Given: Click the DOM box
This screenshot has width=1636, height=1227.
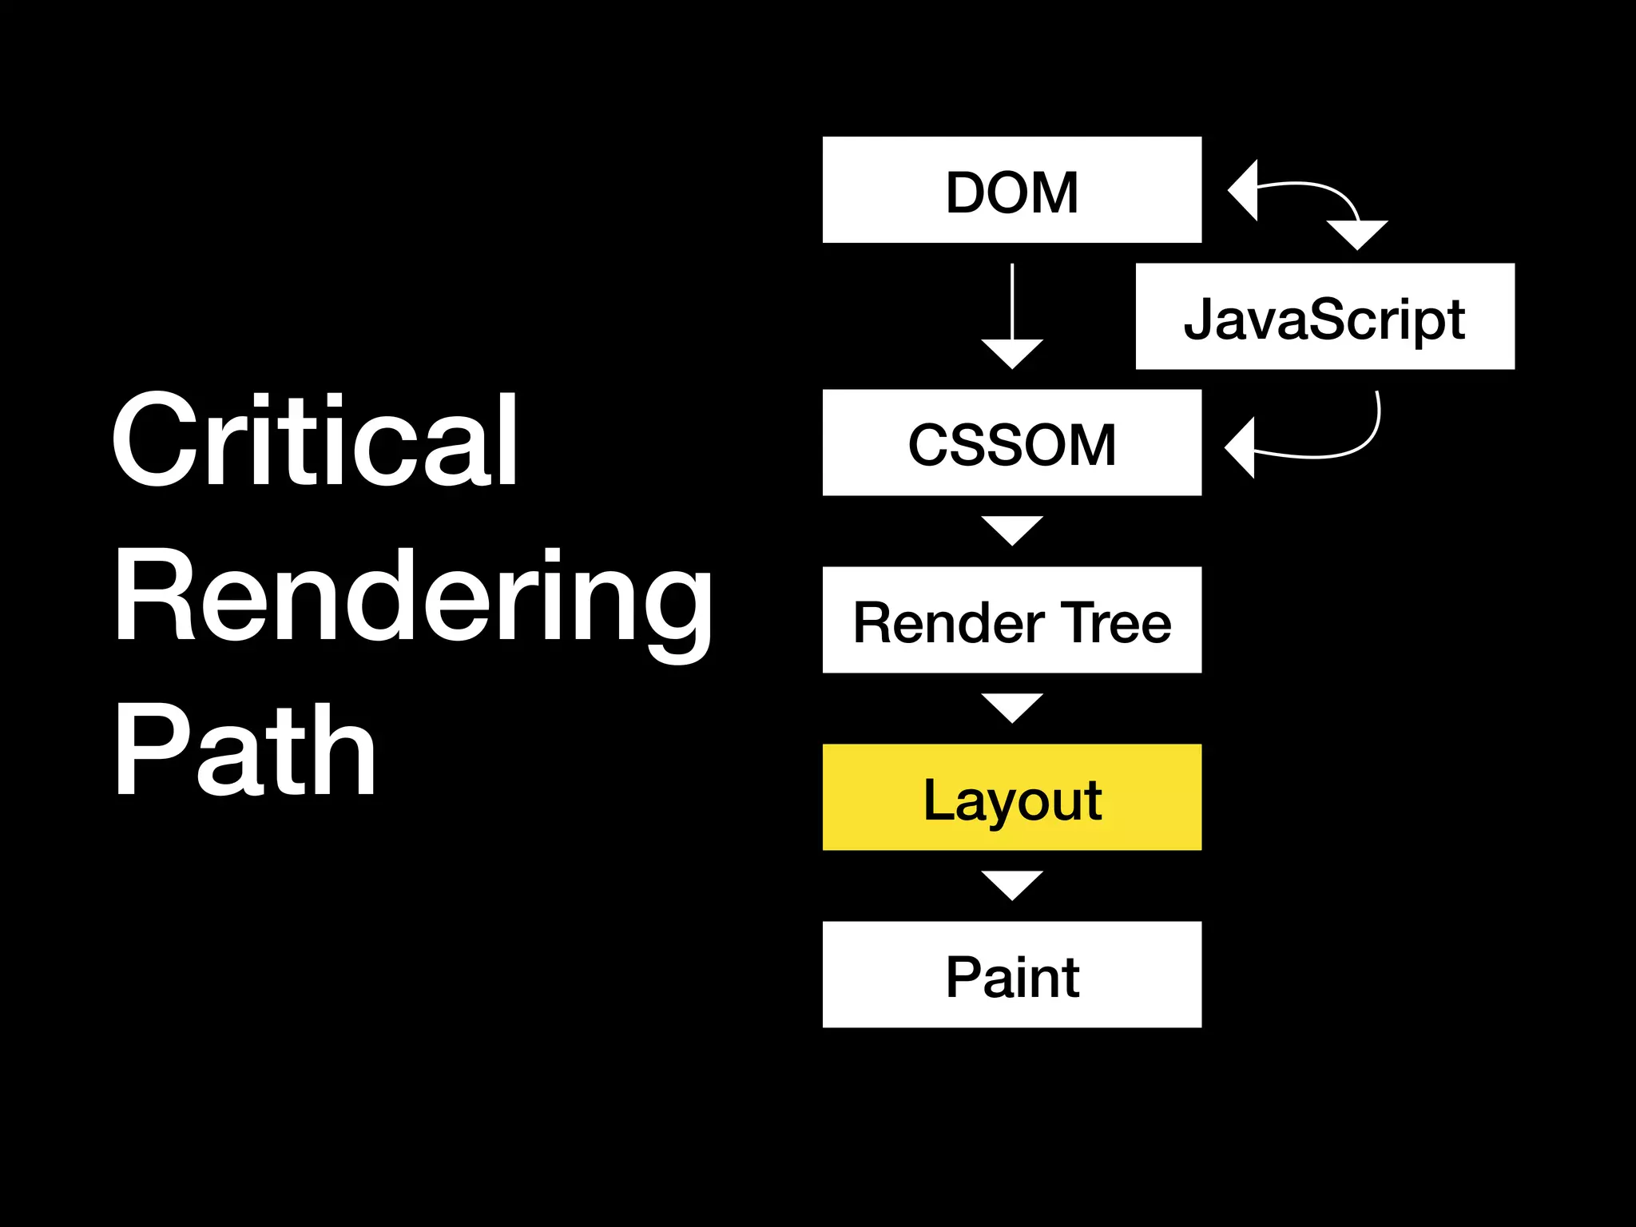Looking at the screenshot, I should [x=1011, y=190].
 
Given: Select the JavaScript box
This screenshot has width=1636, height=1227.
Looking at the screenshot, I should [x=1324, y=316].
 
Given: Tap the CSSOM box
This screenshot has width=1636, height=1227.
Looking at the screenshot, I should [x=1011, y=443].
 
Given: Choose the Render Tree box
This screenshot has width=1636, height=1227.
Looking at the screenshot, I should [x=1011, y=620].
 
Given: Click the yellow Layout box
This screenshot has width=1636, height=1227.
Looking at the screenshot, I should [x=1011, y=797].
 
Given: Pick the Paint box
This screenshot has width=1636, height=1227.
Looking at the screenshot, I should [x=1011, y=975].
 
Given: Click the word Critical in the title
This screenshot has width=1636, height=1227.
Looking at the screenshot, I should [x=315, y=441].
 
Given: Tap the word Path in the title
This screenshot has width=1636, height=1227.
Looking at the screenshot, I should [x=244, y=751].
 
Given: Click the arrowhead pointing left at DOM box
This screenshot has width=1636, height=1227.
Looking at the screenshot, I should [x=1245, y=190].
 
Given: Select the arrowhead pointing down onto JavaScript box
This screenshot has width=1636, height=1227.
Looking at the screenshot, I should [x=1356, y=234].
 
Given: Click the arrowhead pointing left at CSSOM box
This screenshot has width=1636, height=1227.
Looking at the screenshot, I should [x=1241, y=447].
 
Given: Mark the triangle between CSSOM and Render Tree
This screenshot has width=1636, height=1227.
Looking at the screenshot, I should [x=1011, y=529].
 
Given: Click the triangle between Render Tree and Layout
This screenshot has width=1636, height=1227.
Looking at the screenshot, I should [x=1011, y=706].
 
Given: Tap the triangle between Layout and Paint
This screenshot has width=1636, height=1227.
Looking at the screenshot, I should [x=1011, y=884].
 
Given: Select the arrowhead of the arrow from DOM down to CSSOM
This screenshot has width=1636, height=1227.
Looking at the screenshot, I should [x=1011, y=352].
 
